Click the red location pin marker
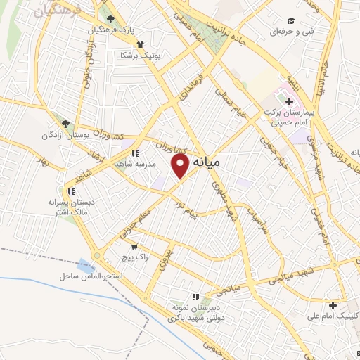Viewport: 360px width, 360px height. pyautogui.click(x=181, y=166)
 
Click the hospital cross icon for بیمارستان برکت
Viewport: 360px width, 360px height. pyautogui.click(x=290, y=102)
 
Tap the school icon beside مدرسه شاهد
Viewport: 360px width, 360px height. pyautogui.click(x=135, y=152)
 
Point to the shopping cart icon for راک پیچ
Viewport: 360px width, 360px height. pyautogui.click(x=134, y=247)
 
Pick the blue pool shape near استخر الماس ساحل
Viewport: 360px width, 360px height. pyautogui.click(x=85, y=267)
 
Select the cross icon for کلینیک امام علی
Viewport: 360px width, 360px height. pyautogui.click(x=333, y=305)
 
